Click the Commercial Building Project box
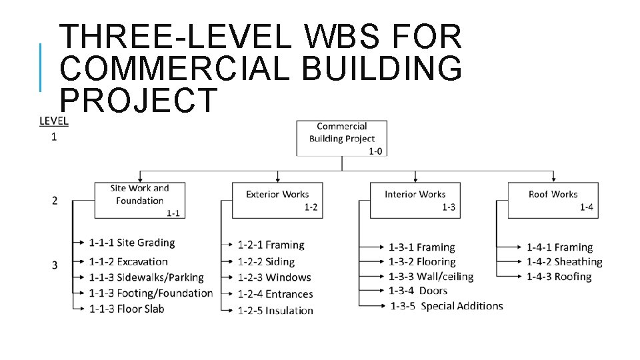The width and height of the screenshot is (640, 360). point(341,137)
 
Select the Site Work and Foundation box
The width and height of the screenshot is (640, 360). point(139,200)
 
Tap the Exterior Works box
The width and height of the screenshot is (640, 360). point(277,200)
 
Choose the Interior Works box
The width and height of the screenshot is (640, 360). point(415,200)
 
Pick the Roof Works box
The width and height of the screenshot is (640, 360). point(553,200)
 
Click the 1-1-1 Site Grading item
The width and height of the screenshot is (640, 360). point(132,243)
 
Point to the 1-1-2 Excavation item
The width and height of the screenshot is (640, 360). point(128,261)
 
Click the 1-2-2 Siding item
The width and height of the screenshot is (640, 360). point(266,262)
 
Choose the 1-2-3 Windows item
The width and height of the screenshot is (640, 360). point(274,277)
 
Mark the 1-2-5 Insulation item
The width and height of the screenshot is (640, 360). point(275,310)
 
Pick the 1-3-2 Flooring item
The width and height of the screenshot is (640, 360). point(422,262)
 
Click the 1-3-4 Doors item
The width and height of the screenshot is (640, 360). point(418,291)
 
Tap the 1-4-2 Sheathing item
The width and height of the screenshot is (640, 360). point(564,262)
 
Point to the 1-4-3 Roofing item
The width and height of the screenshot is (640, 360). point(559,277)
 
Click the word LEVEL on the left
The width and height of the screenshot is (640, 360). point(53,121)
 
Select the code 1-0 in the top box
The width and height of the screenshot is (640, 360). point(375,151)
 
